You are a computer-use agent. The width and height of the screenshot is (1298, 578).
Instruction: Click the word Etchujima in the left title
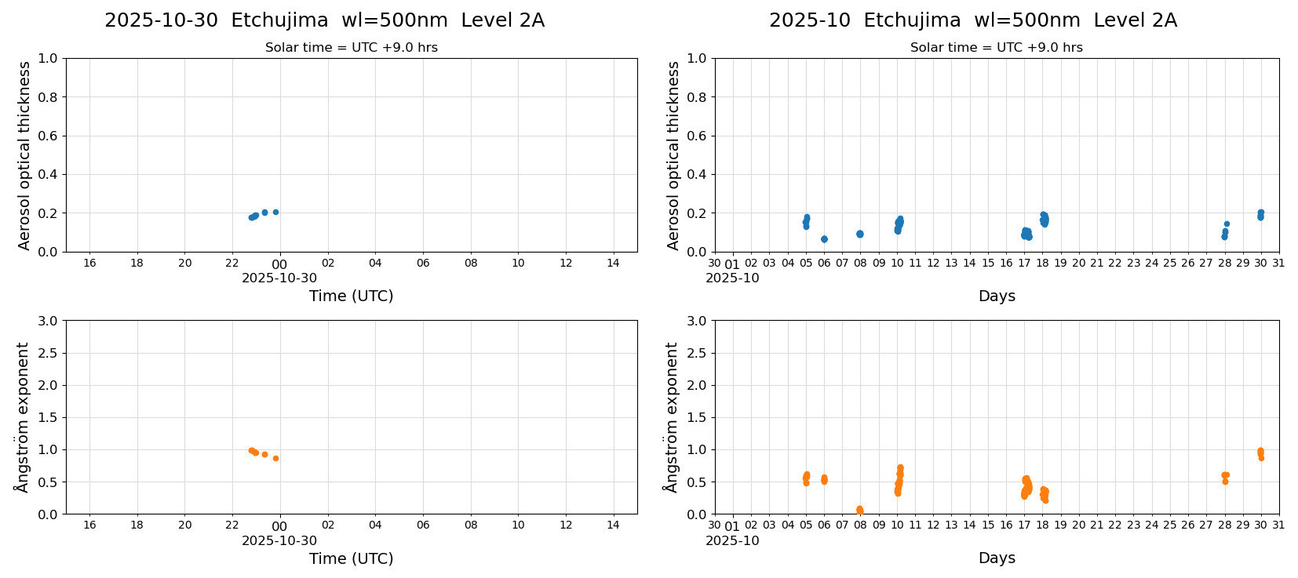279,21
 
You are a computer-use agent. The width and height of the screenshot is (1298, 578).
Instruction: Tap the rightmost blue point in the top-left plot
275,212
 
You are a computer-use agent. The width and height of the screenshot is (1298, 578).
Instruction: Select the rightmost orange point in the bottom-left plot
275,458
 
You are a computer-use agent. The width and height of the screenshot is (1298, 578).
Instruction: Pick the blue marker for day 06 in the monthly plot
824,239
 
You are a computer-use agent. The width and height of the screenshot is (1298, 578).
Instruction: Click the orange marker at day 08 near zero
859,510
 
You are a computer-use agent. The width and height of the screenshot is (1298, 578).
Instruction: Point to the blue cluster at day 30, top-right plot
1260,215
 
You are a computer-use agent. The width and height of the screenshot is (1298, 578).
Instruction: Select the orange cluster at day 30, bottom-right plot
1260,453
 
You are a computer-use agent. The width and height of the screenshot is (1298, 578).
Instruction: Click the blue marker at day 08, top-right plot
859,234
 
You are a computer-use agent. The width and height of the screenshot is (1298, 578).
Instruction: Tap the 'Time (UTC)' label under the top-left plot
351,296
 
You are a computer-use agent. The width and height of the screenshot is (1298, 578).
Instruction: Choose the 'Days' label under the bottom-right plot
997,558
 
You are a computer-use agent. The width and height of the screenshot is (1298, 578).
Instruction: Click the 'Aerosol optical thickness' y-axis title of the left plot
24,155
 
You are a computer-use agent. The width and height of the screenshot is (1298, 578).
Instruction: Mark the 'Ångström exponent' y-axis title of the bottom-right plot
671,417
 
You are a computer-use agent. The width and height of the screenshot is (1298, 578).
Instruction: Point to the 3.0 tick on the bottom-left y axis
48,321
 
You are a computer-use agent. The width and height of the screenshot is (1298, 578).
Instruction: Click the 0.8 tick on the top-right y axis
697,97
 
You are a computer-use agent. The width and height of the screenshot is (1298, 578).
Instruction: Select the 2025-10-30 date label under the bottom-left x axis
279,541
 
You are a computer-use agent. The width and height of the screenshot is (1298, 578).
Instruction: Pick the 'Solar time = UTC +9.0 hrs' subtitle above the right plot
996,48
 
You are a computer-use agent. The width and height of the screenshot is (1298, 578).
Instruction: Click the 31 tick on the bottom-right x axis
1278,525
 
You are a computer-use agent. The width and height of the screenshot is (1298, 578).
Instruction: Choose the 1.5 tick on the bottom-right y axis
697,417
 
